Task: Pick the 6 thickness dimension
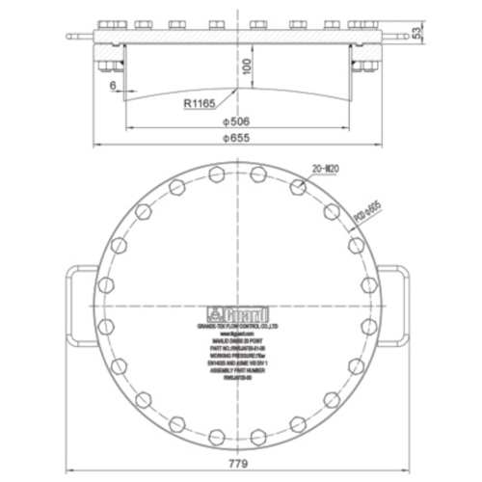[x=114, y=86]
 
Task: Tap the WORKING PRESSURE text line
[x=238, y=350]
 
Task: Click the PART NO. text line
[x=238, y=341]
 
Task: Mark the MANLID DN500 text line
[x=238, y=334]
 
